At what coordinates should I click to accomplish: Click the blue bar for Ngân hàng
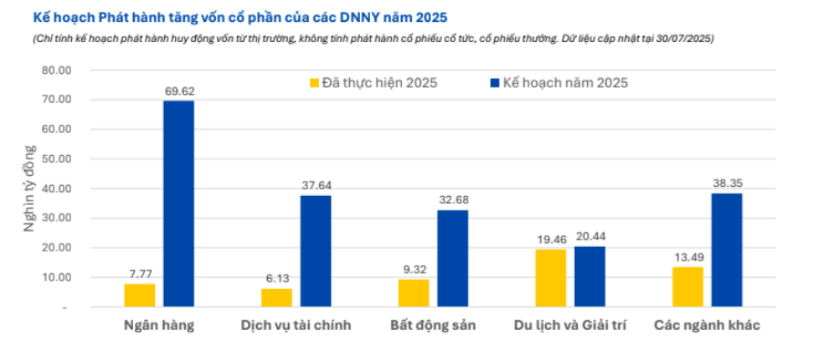179,204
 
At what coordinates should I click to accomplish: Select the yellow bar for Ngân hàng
139,295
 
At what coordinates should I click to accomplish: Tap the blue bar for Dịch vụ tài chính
315,252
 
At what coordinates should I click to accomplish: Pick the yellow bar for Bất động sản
413,293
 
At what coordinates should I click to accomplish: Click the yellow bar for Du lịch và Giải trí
550,278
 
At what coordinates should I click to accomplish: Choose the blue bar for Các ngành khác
726,251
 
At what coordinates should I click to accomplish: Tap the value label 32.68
453,201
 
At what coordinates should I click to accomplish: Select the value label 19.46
550,241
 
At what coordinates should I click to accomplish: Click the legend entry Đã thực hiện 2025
374,83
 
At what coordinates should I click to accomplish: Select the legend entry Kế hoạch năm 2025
563,83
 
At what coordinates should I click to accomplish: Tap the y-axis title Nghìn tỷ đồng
29,189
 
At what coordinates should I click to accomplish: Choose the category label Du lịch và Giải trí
570,325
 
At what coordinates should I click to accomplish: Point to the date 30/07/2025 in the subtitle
683,38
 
